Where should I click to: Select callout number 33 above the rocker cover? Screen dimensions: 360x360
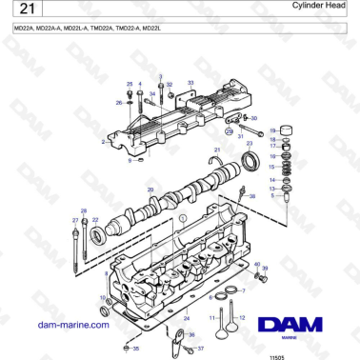(190, 84)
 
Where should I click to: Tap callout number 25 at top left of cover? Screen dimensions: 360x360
(130, 85)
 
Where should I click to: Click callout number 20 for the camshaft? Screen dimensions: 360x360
(150, 190)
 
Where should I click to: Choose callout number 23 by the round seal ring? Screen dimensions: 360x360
(250, 143)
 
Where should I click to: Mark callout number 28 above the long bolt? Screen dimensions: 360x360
(83, 210)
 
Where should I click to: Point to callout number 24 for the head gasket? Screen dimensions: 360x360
(187, 318)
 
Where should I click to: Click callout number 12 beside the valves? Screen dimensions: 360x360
(242, 316)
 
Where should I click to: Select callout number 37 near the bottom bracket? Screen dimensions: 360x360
(201, 350)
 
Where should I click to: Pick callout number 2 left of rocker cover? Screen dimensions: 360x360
(102, 142)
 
